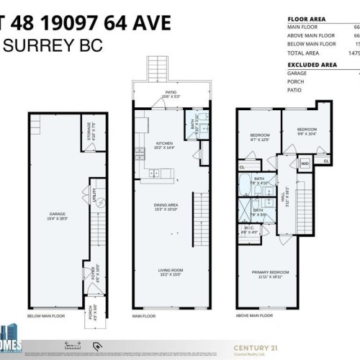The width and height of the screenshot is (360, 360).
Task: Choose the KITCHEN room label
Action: tap(165, 143)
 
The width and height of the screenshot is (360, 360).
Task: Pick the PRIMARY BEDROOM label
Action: tap(268, 272)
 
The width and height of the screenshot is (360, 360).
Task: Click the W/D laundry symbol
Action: tap(305, 163)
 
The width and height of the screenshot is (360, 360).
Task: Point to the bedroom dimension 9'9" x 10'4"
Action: tap(307, 134)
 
